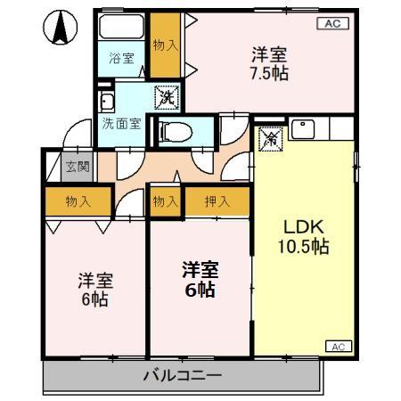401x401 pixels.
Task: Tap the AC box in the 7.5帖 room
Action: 330,24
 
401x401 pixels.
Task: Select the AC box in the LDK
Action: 339,346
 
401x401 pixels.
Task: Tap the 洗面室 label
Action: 120,125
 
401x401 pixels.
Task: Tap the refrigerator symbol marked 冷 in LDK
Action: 270,137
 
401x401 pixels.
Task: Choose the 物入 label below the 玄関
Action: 78,202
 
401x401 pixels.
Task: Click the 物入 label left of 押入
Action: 165,202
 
